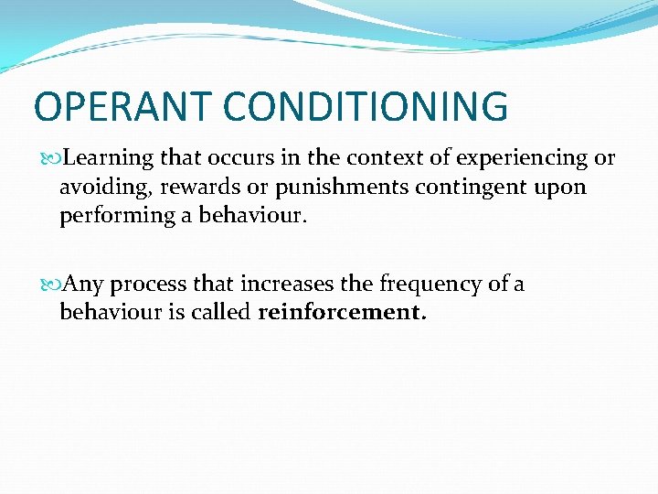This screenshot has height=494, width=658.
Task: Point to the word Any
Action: tap(84, 285)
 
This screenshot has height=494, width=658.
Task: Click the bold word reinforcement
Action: tap(342, 313)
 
